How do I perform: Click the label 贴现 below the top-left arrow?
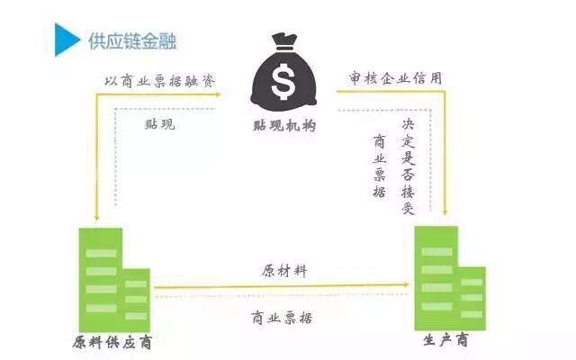[159, 124]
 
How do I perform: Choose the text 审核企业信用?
[396, 78]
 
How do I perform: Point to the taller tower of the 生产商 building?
[436, 274]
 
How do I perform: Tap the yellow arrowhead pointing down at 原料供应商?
[95, 217]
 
